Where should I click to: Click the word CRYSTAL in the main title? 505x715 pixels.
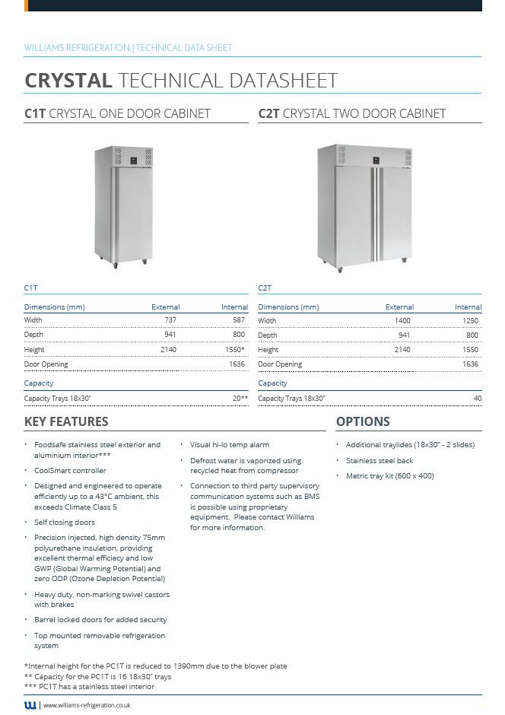(68, 81)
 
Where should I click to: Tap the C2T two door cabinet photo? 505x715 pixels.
(365, 205)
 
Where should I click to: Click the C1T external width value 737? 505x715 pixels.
(170, 320)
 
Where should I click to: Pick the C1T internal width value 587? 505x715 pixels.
(239, 320)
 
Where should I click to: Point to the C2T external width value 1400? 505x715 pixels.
(402, 320)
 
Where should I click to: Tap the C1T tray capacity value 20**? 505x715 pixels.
(240, 399)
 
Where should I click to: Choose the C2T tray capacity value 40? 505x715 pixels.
(477, 399)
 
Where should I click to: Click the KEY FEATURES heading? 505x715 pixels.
(66, 421)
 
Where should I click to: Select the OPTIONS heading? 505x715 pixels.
(363, 421)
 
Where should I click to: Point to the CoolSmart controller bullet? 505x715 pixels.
(70, 471)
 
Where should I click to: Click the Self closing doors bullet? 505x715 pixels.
(65, 523)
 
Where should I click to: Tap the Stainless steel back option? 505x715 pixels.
(379, 461)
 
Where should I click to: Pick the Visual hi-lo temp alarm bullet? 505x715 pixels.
(230, 445)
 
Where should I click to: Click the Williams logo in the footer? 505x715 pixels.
(30, 705)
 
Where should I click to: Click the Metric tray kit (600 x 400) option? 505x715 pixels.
(389, 476)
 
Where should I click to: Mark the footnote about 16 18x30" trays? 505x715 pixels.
(98, 676)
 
